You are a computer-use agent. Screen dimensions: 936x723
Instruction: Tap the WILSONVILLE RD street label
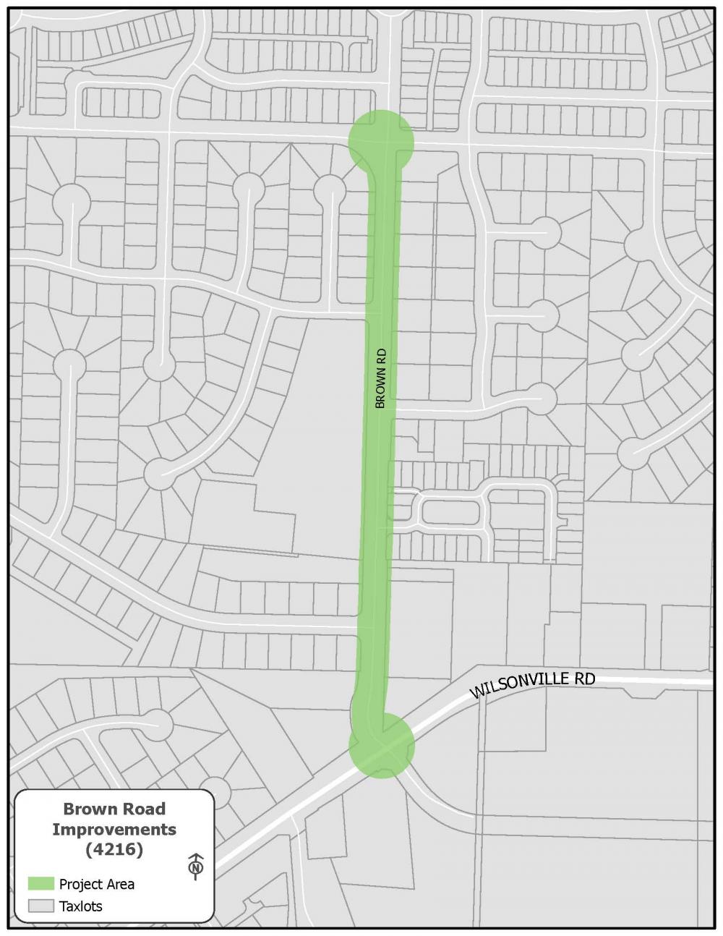coord(532,685)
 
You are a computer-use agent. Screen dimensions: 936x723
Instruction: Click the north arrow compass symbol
coord(195,865)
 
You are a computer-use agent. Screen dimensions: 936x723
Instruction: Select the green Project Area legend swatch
coord(41,884)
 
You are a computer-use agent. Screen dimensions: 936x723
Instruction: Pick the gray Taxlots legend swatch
coord(41,906)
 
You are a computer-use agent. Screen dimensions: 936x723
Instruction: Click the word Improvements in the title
coord(114,829)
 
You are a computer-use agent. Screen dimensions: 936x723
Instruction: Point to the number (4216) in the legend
coord(114,849)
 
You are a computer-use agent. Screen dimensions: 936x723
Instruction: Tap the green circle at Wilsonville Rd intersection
coord(382,745)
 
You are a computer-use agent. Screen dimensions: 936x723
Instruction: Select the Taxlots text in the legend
coord(81,906)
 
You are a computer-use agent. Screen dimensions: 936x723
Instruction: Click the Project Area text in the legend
coord(97,884)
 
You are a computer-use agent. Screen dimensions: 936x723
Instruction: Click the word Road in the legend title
coord(143,809)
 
